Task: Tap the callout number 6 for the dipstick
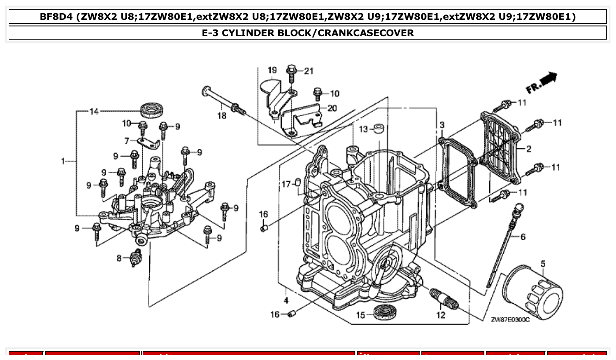[x=523, y=237]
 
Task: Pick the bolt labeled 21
[x=291, y=72]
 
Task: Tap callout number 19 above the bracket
[x=272, y=70]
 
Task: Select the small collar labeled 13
[x=379, y=129]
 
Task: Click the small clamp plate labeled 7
[x=148, y=143]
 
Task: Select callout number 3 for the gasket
[x=442, y=125]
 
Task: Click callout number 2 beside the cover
[x=528, y=149]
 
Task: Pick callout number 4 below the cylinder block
[x=286, y=301]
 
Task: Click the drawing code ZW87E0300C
[x=510, y=320]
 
